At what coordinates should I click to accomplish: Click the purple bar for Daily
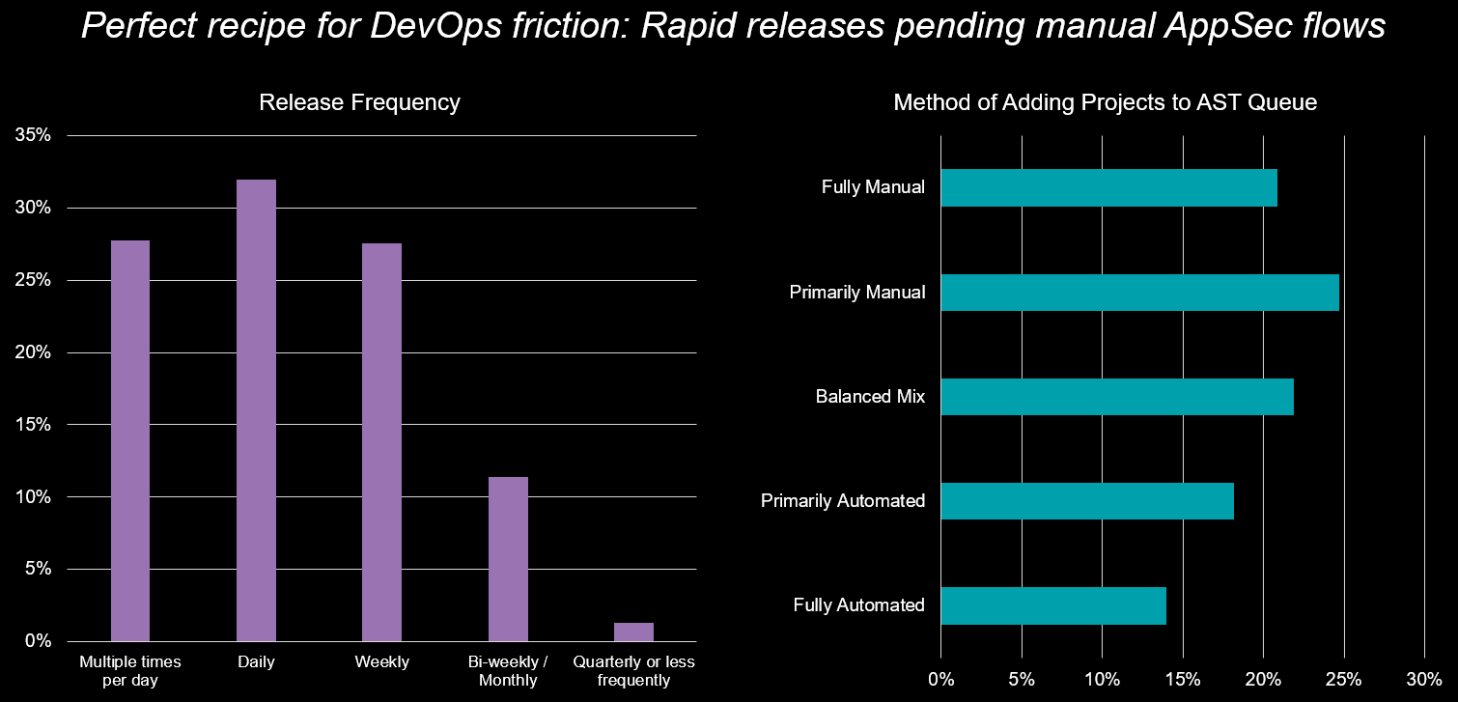coord(256,410)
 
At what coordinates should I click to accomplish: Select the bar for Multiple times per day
coord(130,440)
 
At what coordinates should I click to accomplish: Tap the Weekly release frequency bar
coord(381,442)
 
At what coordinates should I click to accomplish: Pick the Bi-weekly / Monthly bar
coord(508,558)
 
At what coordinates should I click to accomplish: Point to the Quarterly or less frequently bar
coord(633,632)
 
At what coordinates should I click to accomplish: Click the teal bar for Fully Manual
coord(1108,188)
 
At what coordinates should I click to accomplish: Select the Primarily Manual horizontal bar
coord(1139,293)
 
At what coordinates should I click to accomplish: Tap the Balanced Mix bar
coord(1116,397)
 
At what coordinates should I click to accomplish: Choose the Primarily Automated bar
coord(1086,501)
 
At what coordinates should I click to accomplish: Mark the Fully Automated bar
coord(1052,605)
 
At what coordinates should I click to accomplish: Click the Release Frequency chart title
coord(359,102)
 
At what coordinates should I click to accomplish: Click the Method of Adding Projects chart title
coord(1105,102)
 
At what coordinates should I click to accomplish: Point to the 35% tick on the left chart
coord(33,135)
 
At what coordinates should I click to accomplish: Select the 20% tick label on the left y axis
coord(33,352)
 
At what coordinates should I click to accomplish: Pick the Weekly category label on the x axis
coord(382,662)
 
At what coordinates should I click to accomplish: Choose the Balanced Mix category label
coord(870,397)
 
